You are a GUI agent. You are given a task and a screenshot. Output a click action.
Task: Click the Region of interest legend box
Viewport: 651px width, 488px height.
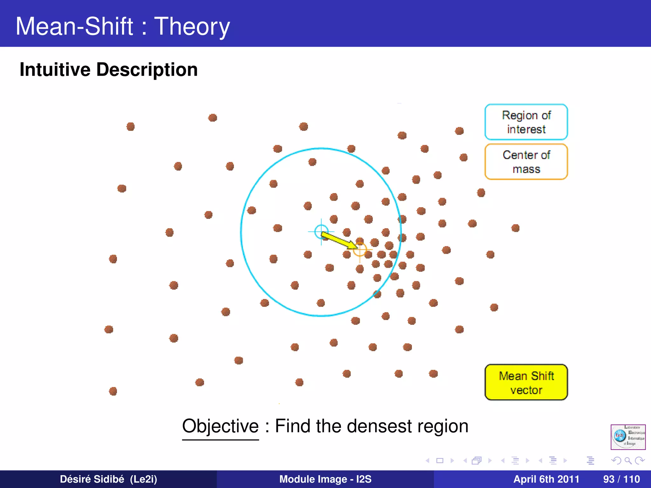pyautogui.click(x=526, y=122)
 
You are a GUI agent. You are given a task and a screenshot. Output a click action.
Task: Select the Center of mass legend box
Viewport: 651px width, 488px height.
pyautogui.click(x=526, y=162)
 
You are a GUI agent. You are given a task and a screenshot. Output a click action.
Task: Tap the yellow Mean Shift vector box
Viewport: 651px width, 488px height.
pyautogui.click(x=526, y=382)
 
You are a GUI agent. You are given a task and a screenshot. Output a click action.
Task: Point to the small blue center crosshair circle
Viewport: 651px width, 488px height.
pyautogui.click(x=321, y=231)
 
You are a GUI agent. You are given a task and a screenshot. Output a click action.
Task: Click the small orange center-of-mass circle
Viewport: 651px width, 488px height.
pyautogui.click(x=360, y=250)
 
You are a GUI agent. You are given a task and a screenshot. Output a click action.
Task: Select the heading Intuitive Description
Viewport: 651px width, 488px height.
pyautogui.click(x=109, y=70)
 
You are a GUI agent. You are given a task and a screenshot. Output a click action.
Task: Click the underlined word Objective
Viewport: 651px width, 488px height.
pyautogui.click(x=220, y=426)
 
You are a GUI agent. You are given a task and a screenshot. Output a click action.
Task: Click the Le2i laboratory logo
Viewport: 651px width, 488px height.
pyautogui.click(x=628, y=437)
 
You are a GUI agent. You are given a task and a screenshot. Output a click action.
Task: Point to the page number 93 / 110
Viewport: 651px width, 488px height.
pyautogui.click(x=621, y=479)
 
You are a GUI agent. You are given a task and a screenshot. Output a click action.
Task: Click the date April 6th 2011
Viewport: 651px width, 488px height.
pyautogui.click(x=546, y=479)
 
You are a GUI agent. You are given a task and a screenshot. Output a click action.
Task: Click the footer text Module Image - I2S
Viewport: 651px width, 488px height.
pyautogui.click(x=325, y=479)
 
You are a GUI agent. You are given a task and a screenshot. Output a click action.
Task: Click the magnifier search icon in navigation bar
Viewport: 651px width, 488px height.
pyautogui.click(x=628, y=460)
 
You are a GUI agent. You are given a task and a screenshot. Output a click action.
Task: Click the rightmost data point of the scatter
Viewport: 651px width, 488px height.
pyautogui.click(x=515, y=228)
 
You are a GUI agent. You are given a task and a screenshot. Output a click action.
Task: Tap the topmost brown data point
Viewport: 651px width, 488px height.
pyautogui.click(x=213, y=118)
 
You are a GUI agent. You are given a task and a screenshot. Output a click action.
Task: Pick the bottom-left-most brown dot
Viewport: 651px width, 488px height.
pyautogui.click(x=113, y=391)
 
